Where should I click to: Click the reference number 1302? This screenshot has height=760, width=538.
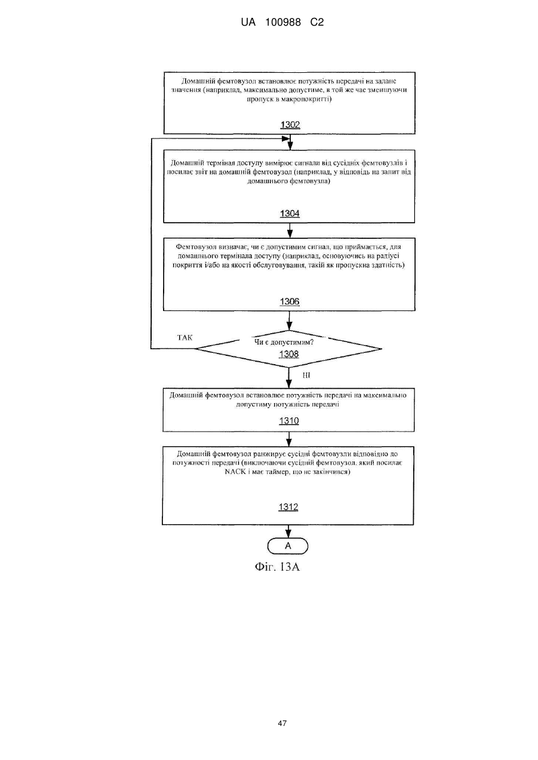(x=290, y=125)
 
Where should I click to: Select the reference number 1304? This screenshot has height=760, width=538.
(x=290, y=213)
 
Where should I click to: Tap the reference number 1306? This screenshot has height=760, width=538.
(x=290, y=301)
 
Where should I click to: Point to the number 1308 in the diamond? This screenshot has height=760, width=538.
(x=289, y=354)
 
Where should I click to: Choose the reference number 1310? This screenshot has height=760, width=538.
(x=289, y=421)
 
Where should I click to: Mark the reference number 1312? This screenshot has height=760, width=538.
(x=288, y=507)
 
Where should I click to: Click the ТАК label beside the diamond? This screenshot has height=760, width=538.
(x=185, y=337)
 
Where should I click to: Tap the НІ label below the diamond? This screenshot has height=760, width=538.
(x=306, y=376)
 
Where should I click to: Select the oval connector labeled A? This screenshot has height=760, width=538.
(x=288, y=546)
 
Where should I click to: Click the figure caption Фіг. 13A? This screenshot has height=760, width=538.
(x=277, y=567)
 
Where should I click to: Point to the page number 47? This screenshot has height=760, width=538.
(x=282, y=724)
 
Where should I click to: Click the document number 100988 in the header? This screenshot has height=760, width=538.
(x=283, y=23)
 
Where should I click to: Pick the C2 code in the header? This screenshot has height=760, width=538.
(x=317, y=23)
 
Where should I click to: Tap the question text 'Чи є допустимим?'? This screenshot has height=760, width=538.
(x=284, y=342)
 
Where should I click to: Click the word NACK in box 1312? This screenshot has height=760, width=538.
(x=235, y=472)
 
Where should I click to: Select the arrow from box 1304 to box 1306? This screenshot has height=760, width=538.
(x=290, y=230)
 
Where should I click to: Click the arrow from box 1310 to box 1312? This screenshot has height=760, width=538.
(x=289, y=439)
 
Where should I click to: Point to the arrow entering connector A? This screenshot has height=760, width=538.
(x=288, y=531)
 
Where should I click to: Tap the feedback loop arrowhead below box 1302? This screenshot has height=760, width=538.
(x=286, y=139)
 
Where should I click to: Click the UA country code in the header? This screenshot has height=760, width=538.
(x=248, y=23)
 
